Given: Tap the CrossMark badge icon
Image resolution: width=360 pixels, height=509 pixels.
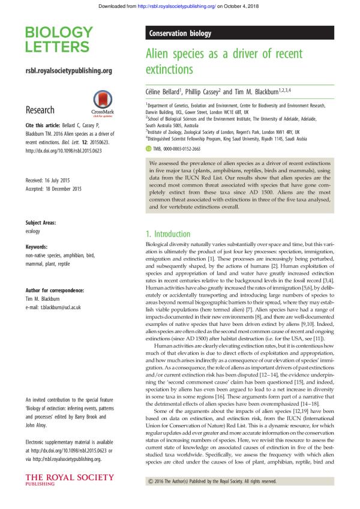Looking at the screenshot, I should pyautogui.click(x=100, y=102).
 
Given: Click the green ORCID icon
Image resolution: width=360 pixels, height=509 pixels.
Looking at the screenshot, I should pyautogui.click(x=149, y=147).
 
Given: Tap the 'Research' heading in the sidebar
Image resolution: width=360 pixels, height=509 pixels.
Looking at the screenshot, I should pyautogui.click(x=40, y=110).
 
